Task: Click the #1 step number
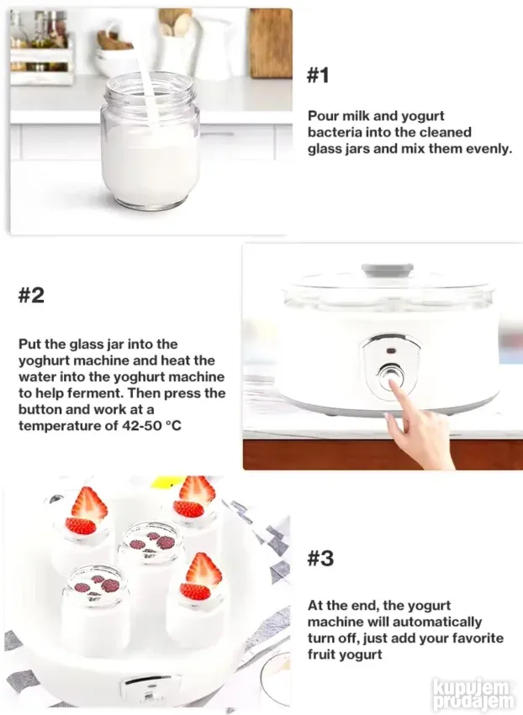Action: pos(318,76)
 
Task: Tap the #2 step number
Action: pos(31,295)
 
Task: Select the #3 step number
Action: pos(320,558)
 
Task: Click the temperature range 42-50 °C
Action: pos(151,425)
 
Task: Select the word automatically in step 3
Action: pos(437,622)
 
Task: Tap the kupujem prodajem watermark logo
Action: pos(473,695)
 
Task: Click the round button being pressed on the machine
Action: pos(391,376)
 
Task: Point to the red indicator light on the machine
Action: pos(391,350)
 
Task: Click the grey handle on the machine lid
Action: pos(388,270)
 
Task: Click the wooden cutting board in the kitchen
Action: pos(271,44)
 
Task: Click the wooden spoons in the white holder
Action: pos(175,23)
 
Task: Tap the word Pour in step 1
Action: pos(323,116)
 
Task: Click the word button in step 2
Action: pos(40,409)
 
